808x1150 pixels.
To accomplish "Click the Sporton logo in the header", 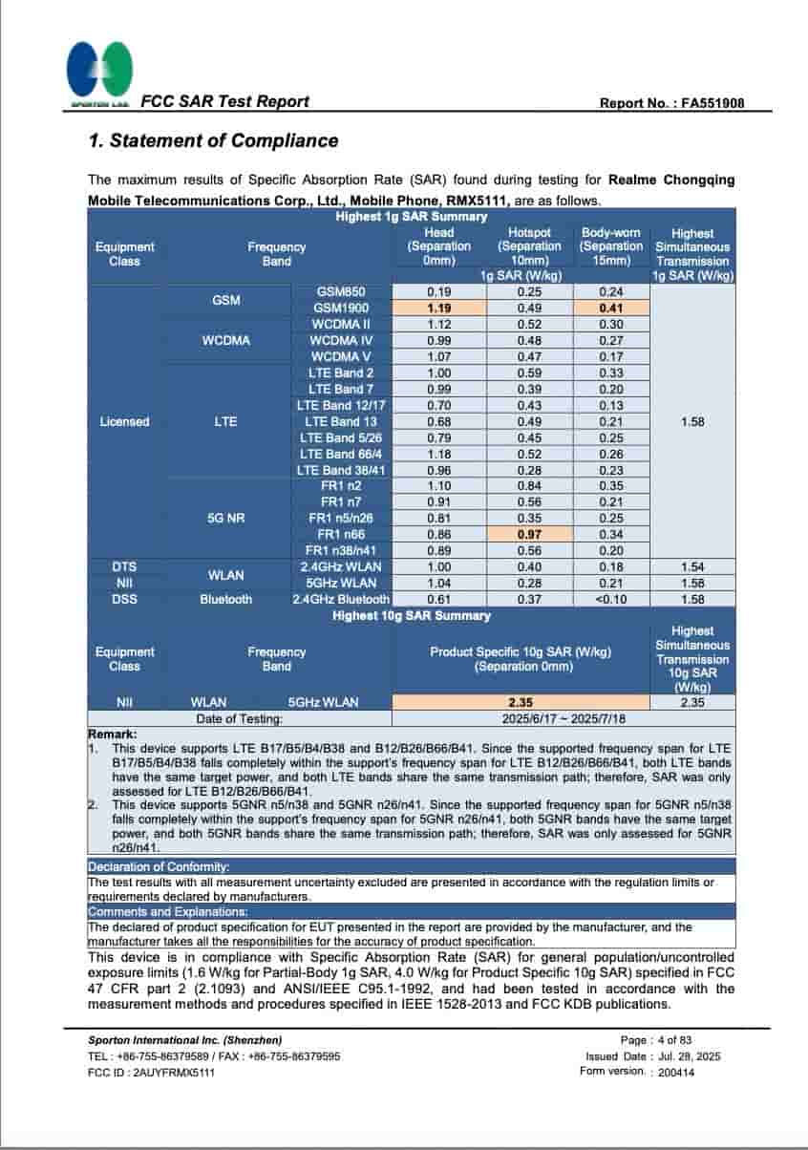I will [98, 73].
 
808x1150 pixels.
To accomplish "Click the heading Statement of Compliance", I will [213, 141].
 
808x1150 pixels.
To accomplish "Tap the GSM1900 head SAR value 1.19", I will [438, 309].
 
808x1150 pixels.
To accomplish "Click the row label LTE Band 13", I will [341, 421].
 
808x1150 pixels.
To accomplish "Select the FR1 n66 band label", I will [341, 534].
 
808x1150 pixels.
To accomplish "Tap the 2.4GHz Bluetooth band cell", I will [341, 599].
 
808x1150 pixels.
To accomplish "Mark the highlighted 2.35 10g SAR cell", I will [521, 702].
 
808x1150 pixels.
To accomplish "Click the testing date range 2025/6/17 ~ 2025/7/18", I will [563, 717].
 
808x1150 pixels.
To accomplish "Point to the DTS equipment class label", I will [124, 566].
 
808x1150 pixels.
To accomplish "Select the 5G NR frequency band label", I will [226, 518].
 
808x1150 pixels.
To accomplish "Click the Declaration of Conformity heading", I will [159, 866].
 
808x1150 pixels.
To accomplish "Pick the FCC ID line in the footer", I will [151, 1072].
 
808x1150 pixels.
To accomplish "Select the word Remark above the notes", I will [113, 734].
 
